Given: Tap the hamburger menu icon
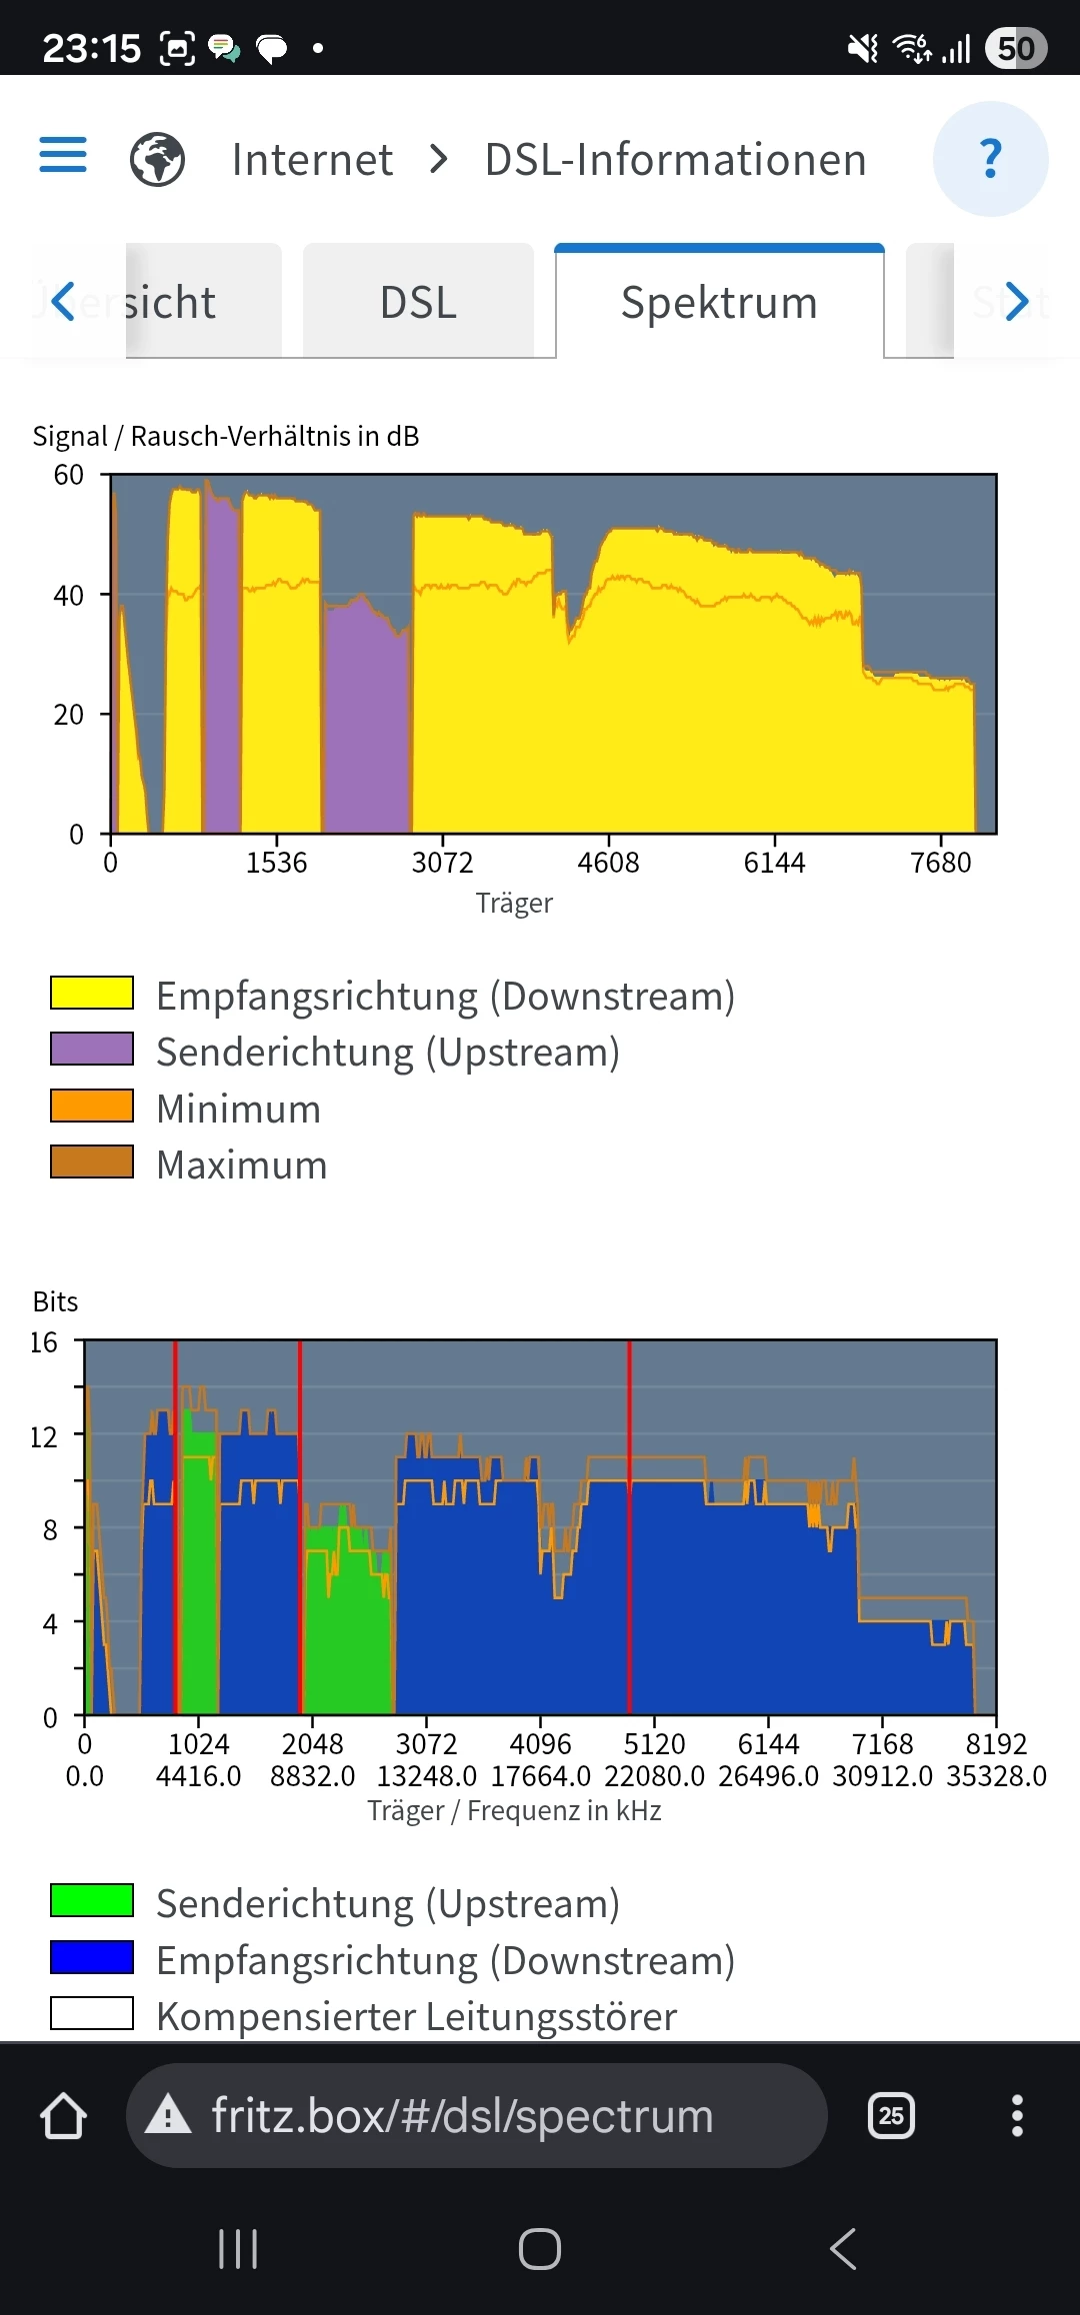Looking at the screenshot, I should click(x=63, y=156).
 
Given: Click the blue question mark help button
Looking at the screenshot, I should click(x=990, y=159).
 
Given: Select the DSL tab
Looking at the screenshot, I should click(x=418, y=302).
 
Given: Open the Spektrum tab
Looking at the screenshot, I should click(x=719, y=302).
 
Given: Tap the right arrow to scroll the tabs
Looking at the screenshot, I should click(x=1017, y=301).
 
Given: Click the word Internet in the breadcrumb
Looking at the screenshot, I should click(x=312, y=160).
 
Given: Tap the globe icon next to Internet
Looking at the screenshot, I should click(x=158, y=159).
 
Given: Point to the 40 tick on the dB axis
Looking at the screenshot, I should click(x=68, y=596).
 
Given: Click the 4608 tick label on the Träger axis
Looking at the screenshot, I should click(x=608, y=862).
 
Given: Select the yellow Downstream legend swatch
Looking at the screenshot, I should click(x=92, y=993).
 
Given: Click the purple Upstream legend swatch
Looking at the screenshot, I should click(x=92, y=1049).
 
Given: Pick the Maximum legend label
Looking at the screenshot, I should click(x=242, y=1164).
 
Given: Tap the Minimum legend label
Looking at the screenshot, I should click(x=239, y=1109).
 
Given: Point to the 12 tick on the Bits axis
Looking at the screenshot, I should click(x=44, y=1437).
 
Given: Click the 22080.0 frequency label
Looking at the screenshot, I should click(x=654, y=1776).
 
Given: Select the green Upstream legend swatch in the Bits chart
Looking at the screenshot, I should click(x=92, y=1900).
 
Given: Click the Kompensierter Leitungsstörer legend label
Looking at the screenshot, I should click(x=417, y=2016).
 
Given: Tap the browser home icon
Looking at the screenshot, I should click(x=63, y=2116).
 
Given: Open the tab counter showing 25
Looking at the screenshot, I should click(x=891, y=2116).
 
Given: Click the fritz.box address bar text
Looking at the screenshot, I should click(x=462, y=2116).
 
